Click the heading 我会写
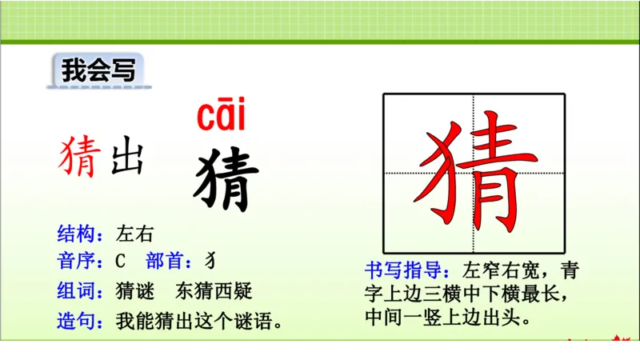[x=97, y=70]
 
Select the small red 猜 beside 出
[x=79, y=157]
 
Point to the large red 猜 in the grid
[x=473, y=173]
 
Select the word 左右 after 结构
[x=134, y=234]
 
